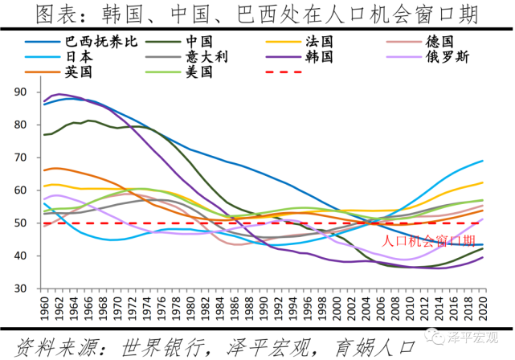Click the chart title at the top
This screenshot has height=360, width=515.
257,14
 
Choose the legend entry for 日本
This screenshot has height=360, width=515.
80,57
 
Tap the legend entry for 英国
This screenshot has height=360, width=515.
80,72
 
